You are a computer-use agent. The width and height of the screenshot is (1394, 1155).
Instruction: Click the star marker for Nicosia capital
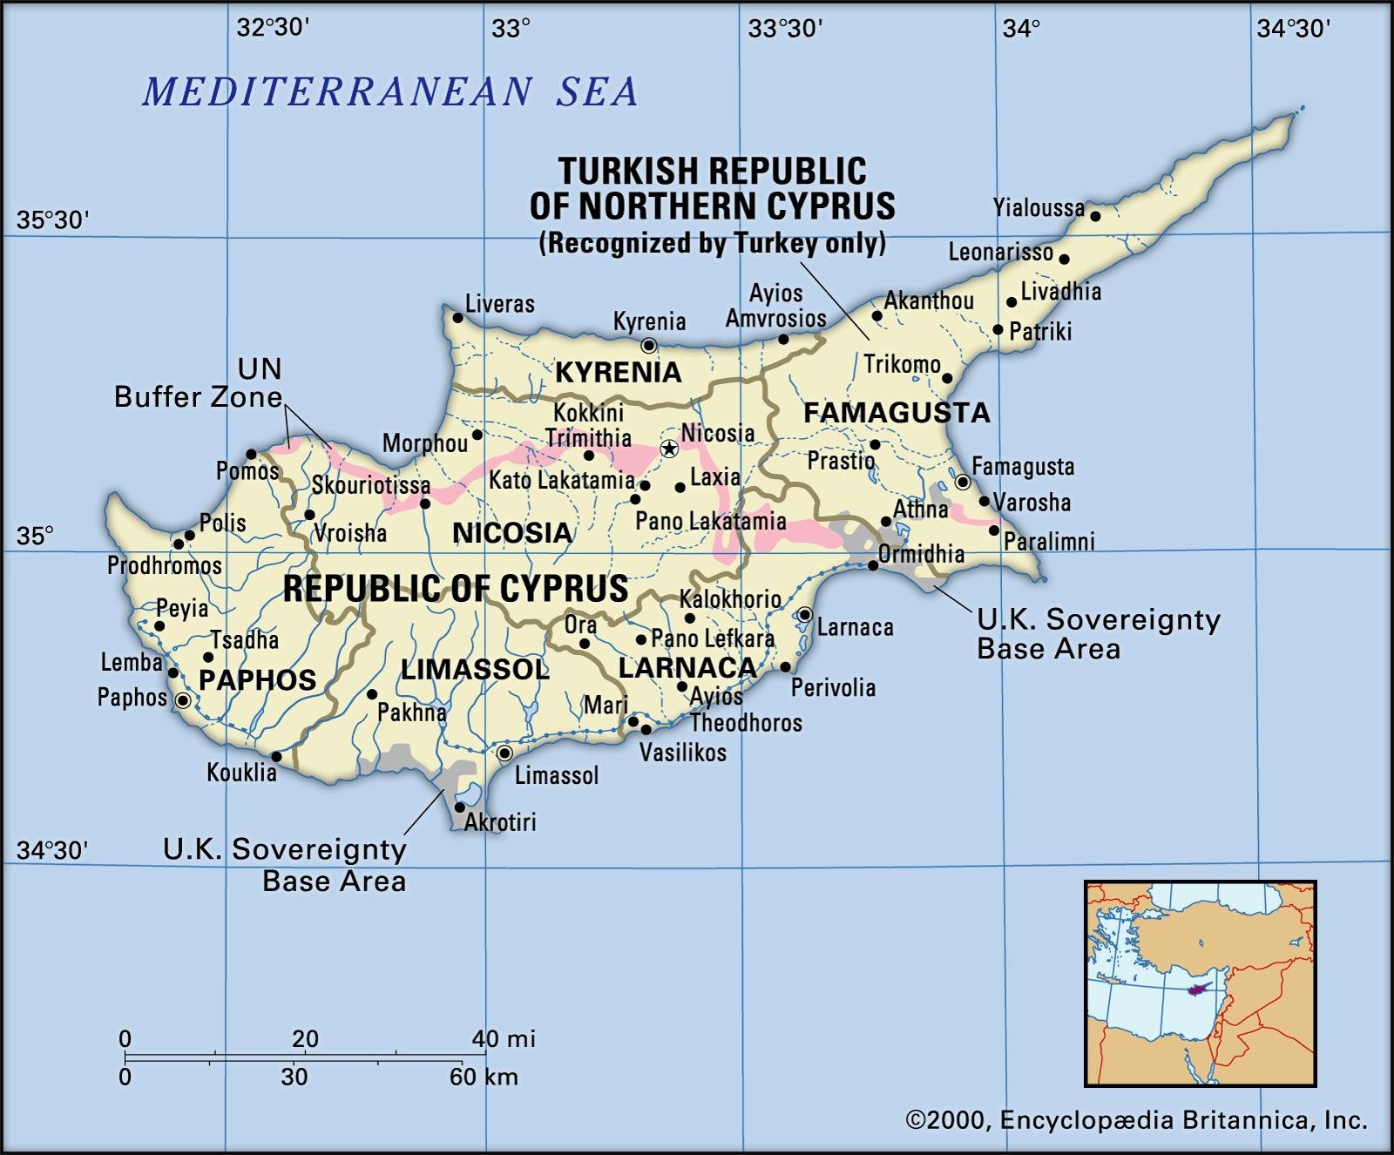pos(669,449)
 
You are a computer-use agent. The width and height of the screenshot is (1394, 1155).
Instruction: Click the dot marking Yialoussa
pos(1095,216)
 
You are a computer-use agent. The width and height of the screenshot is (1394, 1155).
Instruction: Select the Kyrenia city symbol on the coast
pos(648,346)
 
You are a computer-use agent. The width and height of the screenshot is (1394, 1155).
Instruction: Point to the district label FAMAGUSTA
pos(897,413)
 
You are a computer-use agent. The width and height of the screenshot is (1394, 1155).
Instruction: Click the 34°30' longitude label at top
pos(1293,29)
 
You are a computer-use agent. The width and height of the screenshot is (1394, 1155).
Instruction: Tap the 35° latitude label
pos(36,535)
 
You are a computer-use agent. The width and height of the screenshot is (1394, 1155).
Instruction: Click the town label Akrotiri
pos(500,821)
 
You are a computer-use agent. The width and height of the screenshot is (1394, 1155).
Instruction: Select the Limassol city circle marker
pos(504,753)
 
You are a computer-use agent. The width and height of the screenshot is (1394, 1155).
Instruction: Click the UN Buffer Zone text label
pos(200,383)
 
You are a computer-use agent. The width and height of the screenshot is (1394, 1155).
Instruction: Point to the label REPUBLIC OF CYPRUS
pos(456,589)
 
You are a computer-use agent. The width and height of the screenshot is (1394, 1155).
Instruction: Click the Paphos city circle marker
pos(183,700)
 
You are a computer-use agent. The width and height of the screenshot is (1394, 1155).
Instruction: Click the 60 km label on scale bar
pos(484,1077)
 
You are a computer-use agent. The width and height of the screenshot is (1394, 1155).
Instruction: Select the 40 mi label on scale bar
pos(504,1038)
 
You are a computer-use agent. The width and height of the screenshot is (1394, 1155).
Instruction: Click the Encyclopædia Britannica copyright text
pos(1136,1120)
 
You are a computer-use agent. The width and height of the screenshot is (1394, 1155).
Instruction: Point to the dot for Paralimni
pos(994,530)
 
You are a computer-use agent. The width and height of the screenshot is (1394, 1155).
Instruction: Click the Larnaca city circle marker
pos(805,614)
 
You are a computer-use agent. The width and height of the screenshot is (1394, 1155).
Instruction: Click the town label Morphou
pos(425,443)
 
